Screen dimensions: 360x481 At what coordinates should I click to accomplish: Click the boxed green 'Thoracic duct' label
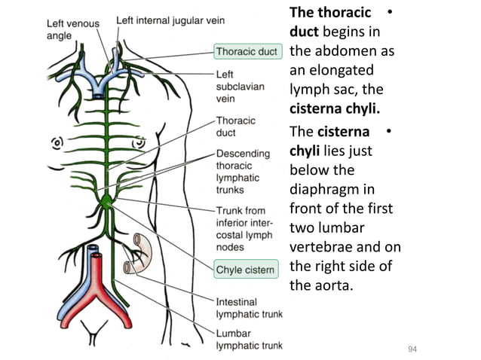click(x=247, y=52)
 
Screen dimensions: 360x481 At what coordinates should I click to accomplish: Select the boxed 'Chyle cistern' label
click(x=246, y=269)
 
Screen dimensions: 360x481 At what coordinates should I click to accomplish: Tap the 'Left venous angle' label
click(x=69, y=29)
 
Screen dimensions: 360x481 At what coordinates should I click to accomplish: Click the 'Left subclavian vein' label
click(x=240, y=87)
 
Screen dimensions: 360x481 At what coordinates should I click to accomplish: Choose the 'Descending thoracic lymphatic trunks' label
click(x=243, y=172)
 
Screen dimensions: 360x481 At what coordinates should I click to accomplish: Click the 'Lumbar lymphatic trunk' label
click(x=249, y=339)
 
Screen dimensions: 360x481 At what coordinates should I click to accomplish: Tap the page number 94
click(x=412, y=349)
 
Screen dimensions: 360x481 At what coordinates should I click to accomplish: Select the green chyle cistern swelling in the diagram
click(x=108, y=202)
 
